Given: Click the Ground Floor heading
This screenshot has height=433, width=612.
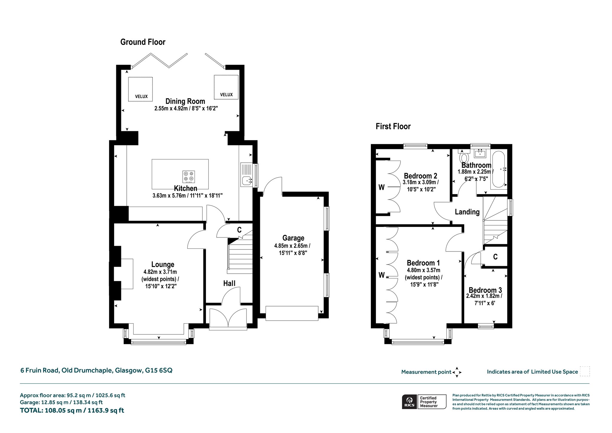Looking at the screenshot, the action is pos(143,42).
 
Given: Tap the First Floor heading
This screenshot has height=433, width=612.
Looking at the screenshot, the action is pos(393,126).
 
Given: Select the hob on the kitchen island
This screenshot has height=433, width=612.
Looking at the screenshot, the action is pos(189,177).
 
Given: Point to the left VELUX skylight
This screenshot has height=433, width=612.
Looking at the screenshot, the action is pos(140,89).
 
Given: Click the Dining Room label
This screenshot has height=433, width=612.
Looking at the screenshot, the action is pos(185,101).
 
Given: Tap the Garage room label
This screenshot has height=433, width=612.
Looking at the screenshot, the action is pos(293,238).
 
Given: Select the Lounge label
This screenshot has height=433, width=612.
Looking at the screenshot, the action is pos(163,265).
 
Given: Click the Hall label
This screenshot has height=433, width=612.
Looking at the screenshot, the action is pos(229,283).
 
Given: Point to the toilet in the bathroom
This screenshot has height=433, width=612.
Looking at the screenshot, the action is pos(464,156).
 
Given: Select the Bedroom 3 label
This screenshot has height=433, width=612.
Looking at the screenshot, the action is pos(485,290).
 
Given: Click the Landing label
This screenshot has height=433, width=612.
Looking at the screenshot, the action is pos(467,212).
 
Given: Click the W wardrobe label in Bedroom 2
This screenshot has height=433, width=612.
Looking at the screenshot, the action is pos(381,187).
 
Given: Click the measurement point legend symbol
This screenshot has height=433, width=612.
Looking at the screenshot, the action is pos(457,372).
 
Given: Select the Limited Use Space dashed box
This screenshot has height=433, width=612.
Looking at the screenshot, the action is pos(585,371).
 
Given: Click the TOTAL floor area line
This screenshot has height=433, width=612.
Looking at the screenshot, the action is pos(72,410).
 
